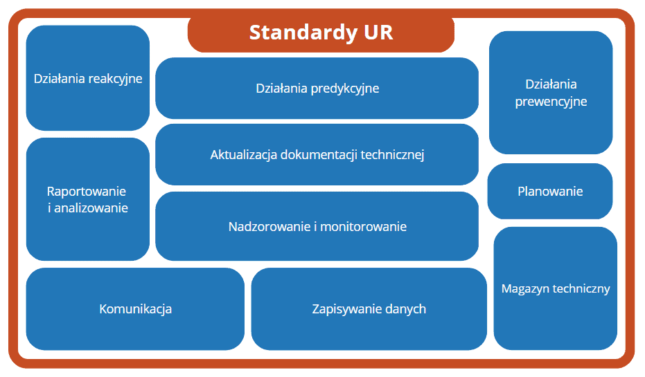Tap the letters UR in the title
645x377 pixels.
point(378,33)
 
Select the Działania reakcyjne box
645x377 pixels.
point(87,78)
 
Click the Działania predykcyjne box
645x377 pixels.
point(317,89)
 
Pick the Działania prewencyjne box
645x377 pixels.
point(551,93)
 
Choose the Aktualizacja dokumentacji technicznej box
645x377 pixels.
point(317,155)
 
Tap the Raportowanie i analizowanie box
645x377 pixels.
point(87,199)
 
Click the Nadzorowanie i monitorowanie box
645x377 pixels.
point(317,226)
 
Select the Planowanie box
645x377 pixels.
point(550,192)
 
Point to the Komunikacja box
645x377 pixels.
point(135,309)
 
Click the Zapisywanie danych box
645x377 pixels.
point(369,309)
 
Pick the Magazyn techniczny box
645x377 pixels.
point(556,288)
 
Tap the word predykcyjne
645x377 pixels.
point(345,89)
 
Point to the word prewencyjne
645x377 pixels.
point(551,102)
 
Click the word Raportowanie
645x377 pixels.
point(87,192)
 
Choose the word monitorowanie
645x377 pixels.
point(363,227)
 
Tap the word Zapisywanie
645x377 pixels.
point(342,309)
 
